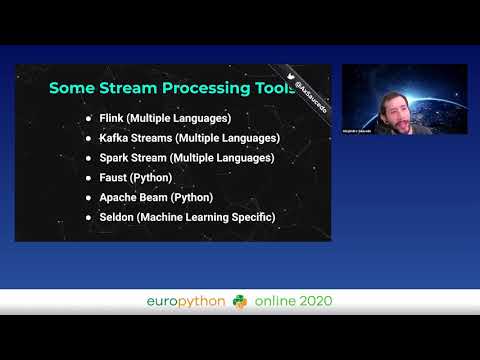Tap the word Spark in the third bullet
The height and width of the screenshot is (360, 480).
[x=117, y=158]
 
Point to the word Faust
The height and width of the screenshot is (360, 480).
[x=116, y=177]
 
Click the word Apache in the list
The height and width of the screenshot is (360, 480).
[x=121, y=197]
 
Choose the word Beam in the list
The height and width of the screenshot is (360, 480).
[x=162, y=197]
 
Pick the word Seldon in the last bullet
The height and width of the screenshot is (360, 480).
[x=120, y=217]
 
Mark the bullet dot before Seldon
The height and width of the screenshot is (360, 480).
[x=88, y=217]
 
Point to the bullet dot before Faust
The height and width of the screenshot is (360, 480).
[x=88, y=178]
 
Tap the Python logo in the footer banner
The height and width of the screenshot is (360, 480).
[x=239, y=301]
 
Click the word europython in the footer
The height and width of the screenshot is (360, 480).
[x=185, y=301]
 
